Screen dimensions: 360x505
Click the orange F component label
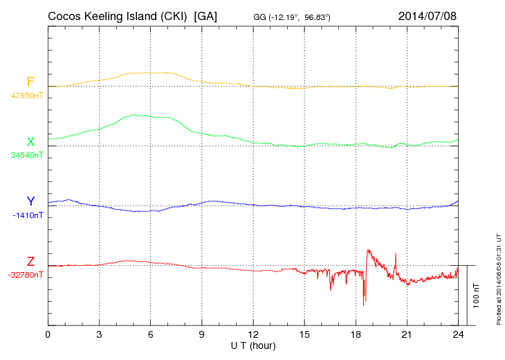tap(30, 82)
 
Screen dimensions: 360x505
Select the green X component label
tap(30, 142)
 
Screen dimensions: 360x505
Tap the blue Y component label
tap(30, 201)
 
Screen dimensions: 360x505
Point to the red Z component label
tap(30, 262)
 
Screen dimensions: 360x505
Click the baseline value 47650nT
tap(27, 96)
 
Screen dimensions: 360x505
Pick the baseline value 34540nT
tap(27, 155)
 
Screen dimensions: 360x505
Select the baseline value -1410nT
tap(28, 215)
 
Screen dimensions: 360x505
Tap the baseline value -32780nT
tap(26, 275)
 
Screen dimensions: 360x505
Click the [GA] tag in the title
tap(206, 15)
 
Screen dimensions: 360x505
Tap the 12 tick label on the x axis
tap(252, 334)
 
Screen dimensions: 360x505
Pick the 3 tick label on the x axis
tap(99, 334)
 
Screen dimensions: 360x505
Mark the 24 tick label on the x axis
tap(457, 334)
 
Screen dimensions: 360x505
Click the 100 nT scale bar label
tap(477, 296)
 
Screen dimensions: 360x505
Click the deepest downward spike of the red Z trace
tap(365, 303)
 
